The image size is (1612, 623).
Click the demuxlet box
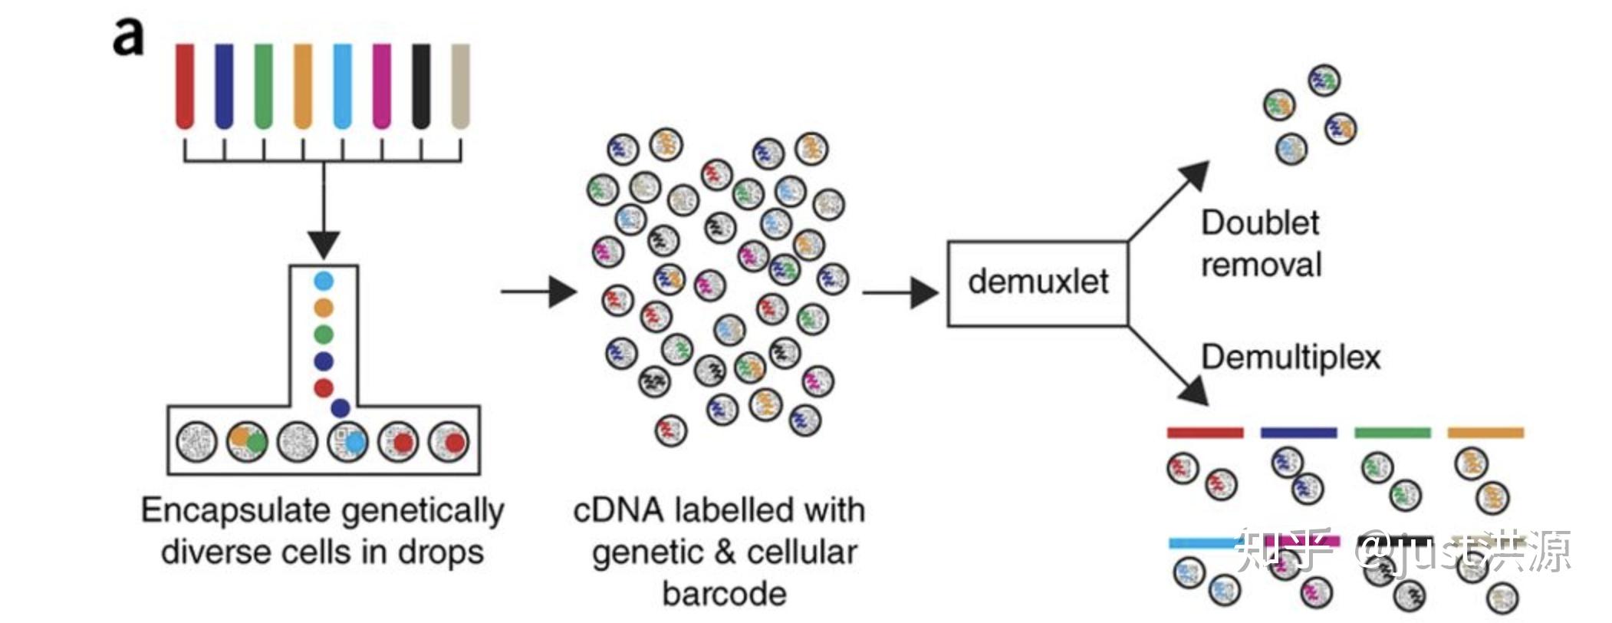tap(1038, 283)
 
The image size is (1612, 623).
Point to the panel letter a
tap(128, 38)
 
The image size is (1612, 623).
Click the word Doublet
tap(1259, 223)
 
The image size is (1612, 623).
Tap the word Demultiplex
tap(1290, 358)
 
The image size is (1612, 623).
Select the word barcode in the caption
tap(724, 594)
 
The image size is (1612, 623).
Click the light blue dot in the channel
tap(324, 282)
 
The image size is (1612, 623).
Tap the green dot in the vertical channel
tap(324, 335)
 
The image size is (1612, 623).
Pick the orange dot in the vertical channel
tap(324, 308)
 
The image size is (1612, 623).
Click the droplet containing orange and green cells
tap(247, 443)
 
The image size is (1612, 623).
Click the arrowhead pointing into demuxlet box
tap(925, 292)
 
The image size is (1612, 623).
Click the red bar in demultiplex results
tap(1205, 433)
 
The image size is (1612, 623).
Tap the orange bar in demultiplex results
tap(1485, 433)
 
